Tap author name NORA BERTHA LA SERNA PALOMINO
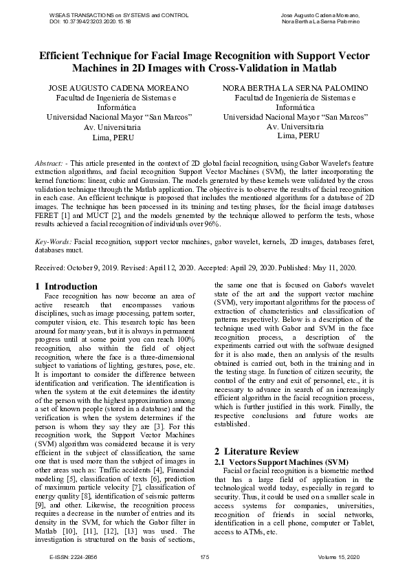pyautogui.click(x=295, y=88)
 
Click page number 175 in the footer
pyautogui.click(x=204, y=556)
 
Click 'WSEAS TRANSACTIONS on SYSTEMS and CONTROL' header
pyautogui.click(x=111, y=14)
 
